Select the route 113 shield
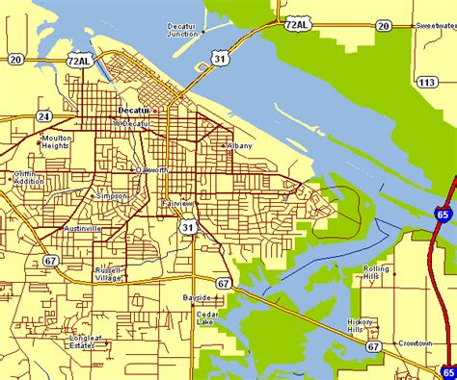coord(425,83)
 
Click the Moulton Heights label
coord(56,142)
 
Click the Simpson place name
coord(111,195)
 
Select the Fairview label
coord(177,204)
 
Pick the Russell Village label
coord(108,274)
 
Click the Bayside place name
coord(196,298)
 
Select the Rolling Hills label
coord(376,272)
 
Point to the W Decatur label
coord(131,123)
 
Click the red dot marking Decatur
coord(154,111)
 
